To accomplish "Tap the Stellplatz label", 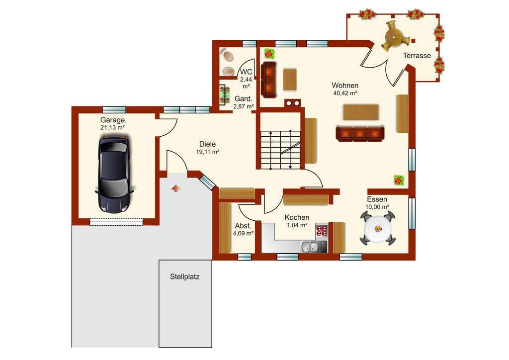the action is click(x=185, y=277).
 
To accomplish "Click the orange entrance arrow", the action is click(x=175, y=188).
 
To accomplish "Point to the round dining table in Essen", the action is click(x=378, y=228).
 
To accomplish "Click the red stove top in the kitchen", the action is click(x=322, y=231).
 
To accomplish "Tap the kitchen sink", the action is click(x=309, y=247).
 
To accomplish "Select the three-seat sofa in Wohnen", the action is click(x=360, y=134).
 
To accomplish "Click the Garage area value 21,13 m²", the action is click(x=113, y=128).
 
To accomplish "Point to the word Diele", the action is click(x=207, y=144).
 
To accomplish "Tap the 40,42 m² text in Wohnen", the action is click(x=345, y=93).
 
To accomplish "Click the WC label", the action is click(x=246, y=72).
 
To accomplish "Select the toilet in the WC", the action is click(x=227, y=56).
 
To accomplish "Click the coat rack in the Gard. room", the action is click(x=223, y=95).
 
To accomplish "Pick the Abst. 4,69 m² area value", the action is click(x=243, y=233).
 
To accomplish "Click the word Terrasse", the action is click(x=417, y=56).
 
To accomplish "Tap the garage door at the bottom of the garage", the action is click(x=116, y=221).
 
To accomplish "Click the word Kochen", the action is click(x=297, y=217).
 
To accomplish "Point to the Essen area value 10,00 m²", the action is click(x=377, y=207).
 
